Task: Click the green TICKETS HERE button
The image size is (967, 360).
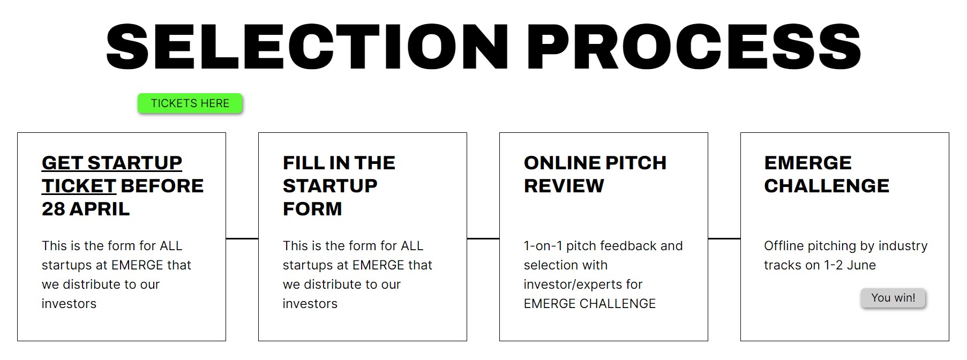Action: [190, 103]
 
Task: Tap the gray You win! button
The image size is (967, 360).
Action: [893, 298]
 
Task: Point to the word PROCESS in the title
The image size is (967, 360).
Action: [694, 47]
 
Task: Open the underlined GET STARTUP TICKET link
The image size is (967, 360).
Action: [112, 174]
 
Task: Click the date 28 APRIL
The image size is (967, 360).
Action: [86, 209]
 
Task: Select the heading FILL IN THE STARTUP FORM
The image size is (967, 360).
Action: [339, 185]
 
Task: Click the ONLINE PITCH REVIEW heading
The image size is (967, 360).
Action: [595, 174]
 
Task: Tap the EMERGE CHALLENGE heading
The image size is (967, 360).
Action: [827, 174]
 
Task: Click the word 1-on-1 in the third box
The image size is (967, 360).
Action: [543, 246]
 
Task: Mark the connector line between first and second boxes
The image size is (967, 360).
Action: [242, 238]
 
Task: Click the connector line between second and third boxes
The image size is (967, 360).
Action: [483, 238]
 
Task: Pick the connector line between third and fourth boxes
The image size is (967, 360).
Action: [724, 238]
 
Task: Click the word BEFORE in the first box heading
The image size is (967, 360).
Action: [162, 186]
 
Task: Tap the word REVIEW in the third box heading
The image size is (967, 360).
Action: [564, 186]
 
